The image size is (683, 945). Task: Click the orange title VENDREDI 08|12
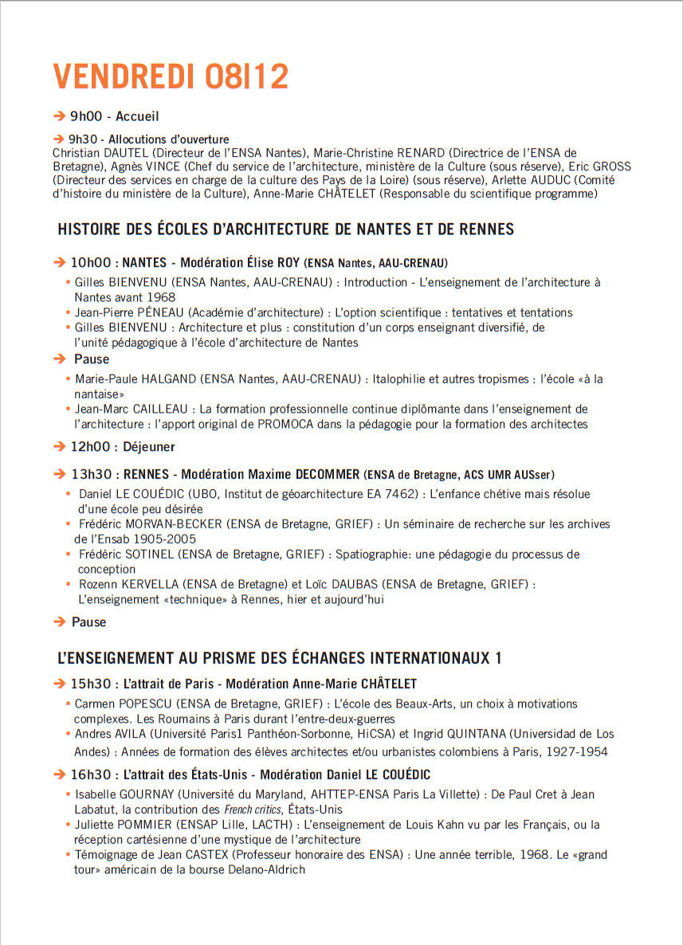(171, 76)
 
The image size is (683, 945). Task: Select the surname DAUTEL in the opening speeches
(124, 152)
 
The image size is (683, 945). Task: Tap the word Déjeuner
(149, 447)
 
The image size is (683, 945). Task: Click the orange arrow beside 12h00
(58, 447)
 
